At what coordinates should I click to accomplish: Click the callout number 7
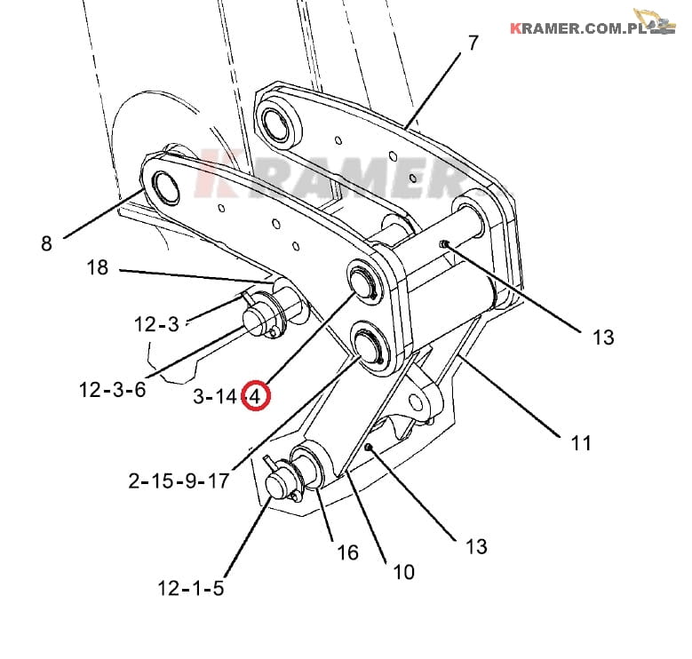click(473, 42)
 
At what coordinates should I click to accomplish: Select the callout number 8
click(47, 242)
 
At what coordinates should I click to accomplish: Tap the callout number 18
click(98, 267)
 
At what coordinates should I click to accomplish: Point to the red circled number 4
click(257, 397)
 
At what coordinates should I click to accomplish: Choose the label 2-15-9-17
click(179, 481)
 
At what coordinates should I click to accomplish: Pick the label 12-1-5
click(191, 588)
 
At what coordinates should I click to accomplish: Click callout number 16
click(348, 552)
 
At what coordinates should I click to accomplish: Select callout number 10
click(402, 572)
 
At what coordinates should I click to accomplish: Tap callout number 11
click(581, 441)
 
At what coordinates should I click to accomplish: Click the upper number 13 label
click(603, 337)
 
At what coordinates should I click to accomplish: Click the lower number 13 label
click(476, 545)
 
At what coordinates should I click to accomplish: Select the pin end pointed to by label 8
click(166, 185)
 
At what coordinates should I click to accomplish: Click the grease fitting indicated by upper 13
click(443, 244)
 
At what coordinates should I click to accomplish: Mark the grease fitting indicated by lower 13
click(368, 448)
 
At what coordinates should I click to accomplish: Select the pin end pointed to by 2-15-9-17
click(366, 341)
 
